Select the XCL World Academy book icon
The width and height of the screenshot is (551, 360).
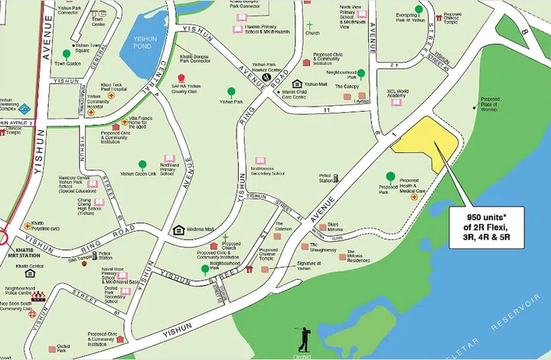tap(396, 101)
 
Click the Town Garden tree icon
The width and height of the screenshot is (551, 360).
tap(67, 54)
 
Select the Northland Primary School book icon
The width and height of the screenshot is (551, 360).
tap(169, 159)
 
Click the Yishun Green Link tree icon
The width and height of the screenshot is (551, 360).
tap(142, 164)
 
